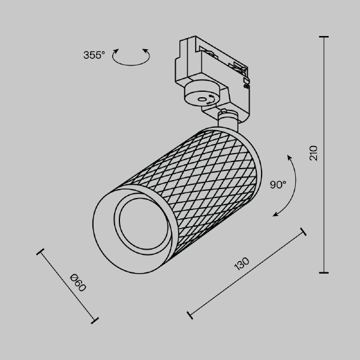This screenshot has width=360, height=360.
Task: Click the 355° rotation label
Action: pyautogui.click(x=94, y=55)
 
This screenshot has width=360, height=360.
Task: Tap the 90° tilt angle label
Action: pyautogui.click(x=278, y=185)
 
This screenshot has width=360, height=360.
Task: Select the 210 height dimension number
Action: pyautogui.click(x=313, y=154)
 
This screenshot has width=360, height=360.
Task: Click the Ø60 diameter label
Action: pyautogui.click(x=78, y=283)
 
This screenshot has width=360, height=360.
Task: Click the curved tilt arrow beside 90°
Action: pyautogui.click(x=287, y=186)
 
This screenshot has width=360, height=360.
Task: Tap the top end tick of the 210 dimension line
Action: pyautogui.click(x=325, y=37)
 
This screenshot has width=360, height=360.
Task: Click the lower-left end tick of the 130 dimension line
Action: pyautogui.click(x=190, y=314)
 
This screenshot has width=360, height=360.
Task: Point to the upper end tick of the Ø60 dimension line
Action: pyautogui.click(x=41, y=253)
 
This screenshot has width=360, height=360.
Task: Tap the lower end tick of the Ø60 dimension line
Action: pyautogui.click(x=94, y=320)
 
